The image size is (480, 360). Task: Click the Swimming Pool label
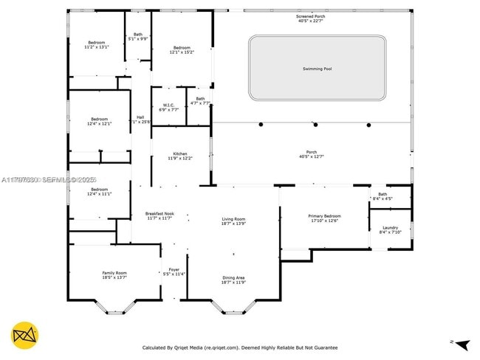click(317, 69)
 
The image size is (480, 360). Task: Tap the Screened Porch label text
click(311, 15)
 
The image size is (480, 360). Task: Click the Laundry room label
click(390, 228)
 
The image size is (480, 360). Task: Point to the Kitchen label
click(181, 153)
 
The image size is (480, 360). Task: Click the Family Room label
click(114, 273)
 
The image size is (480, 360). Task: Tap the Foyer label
click(174, 269)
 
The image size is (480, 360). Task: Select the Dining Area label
click(233, 278)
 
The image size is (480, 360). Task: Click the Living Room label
click(233, 219)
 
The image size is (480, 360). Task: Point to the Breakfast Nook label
click(159, 214)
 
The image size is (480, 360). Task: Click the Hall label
click(140, 117)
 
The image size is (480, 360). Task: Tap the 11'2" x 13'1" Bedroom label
click(97, 42)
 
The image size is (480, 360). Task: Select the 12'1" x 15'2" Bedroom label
click(182, 48)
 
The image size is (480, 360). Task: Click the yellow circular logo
click(25, 335)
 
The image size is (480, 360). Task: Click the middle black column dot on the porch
click(315, 125)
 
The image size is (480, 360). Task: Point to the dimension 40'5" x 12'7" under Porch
click(311, 156)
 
